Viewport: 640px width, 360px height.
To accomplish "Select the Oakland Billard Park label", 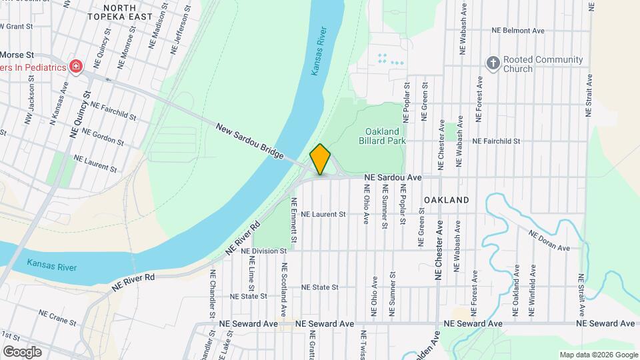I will click(x=382, y=136).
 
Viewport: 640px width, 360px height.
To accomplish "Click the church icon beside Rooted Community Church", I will click(x=493, y=63).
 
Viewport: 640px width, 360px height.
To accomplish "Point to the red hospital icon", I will click(x=76, y=67).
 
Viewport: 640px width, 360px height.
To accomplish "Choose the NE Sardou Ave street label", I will click(x=393, y=178).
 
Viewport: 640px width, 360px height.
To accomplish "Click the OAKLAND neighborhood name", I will click(x=446, y=200).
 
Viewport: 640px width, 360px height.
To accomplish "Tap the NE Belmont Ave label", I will click(x=518, y=31).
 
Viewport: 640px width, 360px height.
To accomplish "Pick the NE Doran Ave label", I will click(x=549, y=241).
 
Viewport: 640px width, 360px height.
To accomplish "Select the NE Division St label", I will click(x=263, y=251).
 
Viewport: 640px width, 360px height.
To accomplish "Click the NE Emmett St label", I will click(x=293, y=221).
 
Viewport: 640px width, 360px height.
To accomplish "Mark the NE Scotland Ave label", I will click(x=284, y=289).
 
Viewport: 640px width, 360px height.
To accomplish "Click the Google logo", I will click(x=21, y=352).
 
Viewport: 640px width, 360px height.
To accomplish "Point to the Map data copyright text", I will click(x=598, y=355).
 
